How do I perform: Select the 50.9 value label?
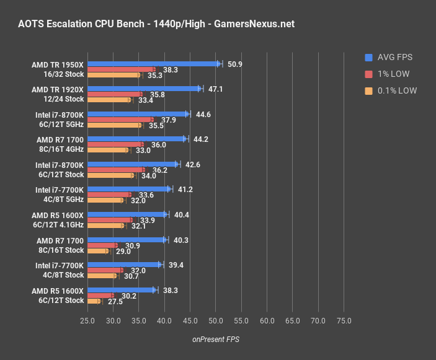pyautogui.click(x=235, y=64)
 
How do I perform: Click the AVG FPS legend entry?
pyautogui.click(x=388, y=58)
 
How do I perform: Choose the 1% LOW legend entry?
pyautogui.click(x=388, y=74)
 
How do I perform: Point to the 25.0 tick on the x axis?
pyautogui.click(x=87, y=321)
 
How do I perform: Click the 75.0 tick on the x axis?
pyautogui.click(x=344, y=321)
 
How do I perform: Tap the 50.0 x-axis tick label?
pyautogui.click(x=216, y=321)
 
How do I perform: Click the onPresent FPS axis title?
pyautogui.click(x=215, y=339)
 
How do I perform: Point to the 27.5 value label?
pyautogui.click(x=115, y=301)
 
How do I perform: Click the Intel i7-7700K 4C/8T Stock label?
pyautogui.click(x=60, y=270)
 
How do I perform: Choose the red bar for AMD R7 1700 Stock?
pyautogui.click(x=102, y=245)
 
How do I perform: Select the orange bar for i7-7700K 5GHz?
pyautogui.click(x=105, y=200)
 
